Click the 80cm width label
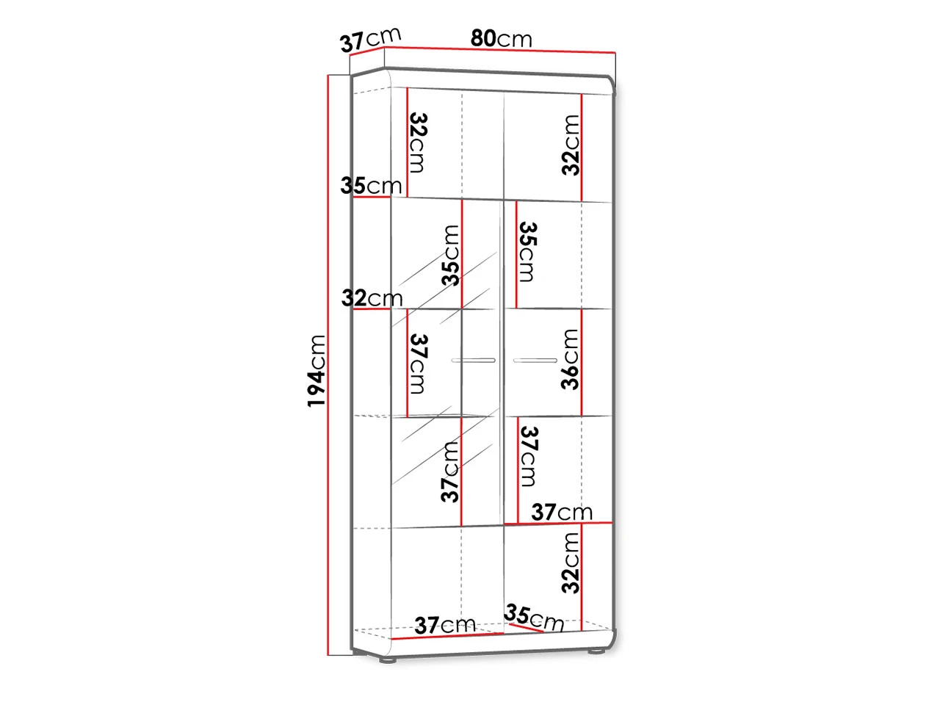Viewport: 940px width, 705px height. [501, 38]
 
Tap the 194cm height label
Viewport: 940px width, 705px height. [317, 371]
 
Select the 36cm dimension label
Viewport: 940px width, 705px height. [570, 360]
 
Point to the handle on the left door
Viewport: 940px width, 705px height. [473, 361]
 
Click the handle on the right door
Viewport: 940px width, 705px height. [535, 361]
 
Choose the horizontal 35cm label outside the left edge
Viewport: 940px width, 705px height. [372, 186]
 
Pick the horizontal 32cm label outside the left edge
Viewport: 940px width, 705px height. [372, 298]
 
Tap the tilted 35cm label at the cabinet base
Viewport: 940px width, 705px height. [534, 618]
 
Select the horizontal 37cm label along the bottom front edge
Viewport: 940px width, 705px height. [445, 626]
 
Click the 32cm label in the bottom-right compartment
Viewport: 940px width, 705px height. [571, 563]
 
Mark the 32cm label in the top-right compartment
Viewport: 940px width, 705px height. [571, 145]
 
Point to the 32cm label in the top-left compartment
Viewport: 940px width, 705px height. [418, 142]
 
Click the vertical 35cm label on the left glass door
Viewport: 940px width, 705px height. [450, 256]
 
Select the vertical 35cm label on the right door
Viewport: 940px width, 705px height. [527, 252]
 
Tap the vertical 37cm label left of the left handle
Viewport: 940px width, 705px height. [418, 364]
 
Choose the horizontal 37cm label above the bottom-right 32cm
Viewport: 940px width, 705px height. [562, 512]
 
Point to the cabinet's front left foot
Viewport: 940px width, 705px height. [388, 660]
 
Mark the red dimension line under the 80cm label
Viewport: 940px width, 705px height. [500, 50]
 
